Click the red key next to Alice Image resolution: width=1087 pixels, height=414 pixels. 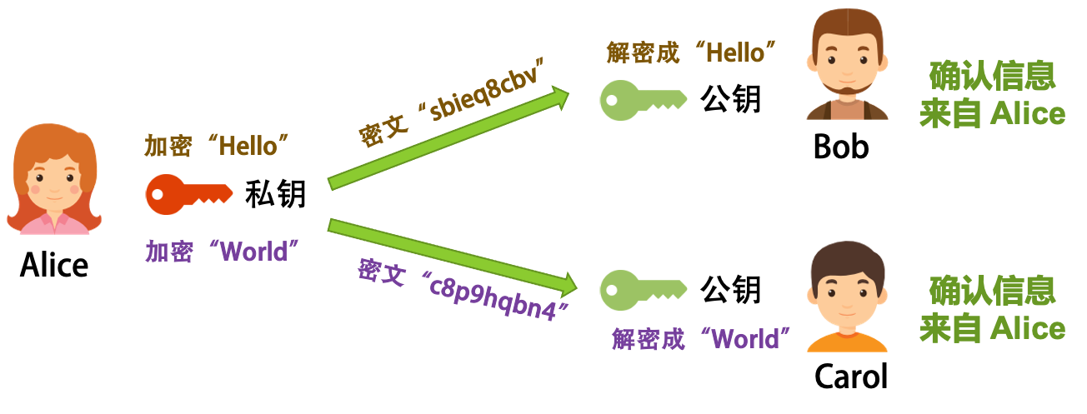point(188,195)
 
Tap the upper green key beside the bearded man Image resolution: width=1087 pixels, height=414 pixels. point(642,100)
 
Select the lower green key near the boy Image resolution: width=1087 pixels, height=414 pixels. point(642,288)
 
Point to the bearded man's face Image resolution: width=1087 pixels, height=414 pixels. point(846,62)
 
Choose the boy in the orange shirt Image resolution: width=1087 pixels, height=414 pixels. point(846,300)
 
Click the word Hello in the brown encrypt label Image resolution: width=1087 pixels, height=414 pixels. point(247,147)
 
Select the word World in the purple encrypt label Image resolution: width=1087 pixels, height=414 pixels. point(253,252)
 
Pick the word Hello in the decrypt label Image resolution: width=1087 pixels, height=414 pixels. point(734,53)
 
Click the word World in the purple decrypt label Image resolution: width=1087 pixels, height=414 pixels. point(746,339)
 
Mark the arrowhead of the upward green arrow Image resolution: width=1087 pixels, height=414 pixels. point(557,99)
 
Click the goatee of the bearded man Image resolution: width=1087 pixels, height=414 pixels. point(846,90)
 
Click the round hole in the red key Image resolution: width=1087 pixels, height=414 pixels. point(158,195)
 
